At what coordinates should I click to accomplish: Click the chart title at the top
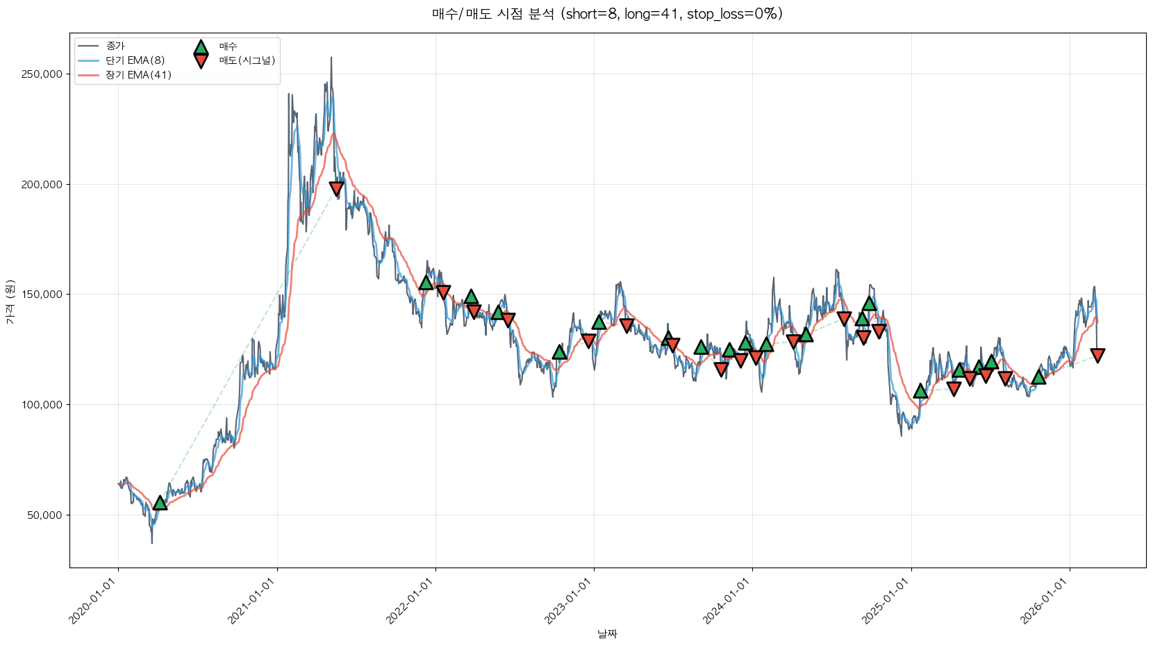pyautogui.click(x=607, y=14)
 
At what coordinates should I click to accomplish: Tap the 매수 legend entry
pyautogui.click(x=228, y=47)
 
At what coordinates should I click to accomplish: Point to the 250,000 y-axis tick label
pyautogui.click(x=42, y=74)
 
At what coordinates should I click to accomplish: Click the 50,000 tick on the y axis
pyautogui.click(x=44, y=515)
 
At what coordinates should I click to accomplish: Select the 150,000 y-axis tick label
pyautogui.click(x=42, y=295)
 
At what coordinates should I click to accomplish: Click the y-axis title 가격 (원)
pyautogui.click(x=10, y=301)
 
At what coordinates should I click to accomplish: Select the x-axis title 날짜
pyautogui.click(x=607, y=633)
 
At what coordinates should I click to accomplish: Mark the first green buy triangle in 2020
pyautogui.click(x=160, y=503)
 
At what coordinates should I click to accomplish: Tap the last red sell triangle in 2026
pyautogui.click(x=1097, y=356)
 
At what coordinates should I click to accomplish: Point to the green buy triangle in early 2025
pyautogui.click(x=920, y=391)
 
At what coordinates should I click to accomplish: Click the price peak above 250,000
pyautogui.click(x=331, y=58)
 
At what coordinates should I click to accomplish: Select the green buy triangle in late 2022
pyautogui.click(x=559, y=352)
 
